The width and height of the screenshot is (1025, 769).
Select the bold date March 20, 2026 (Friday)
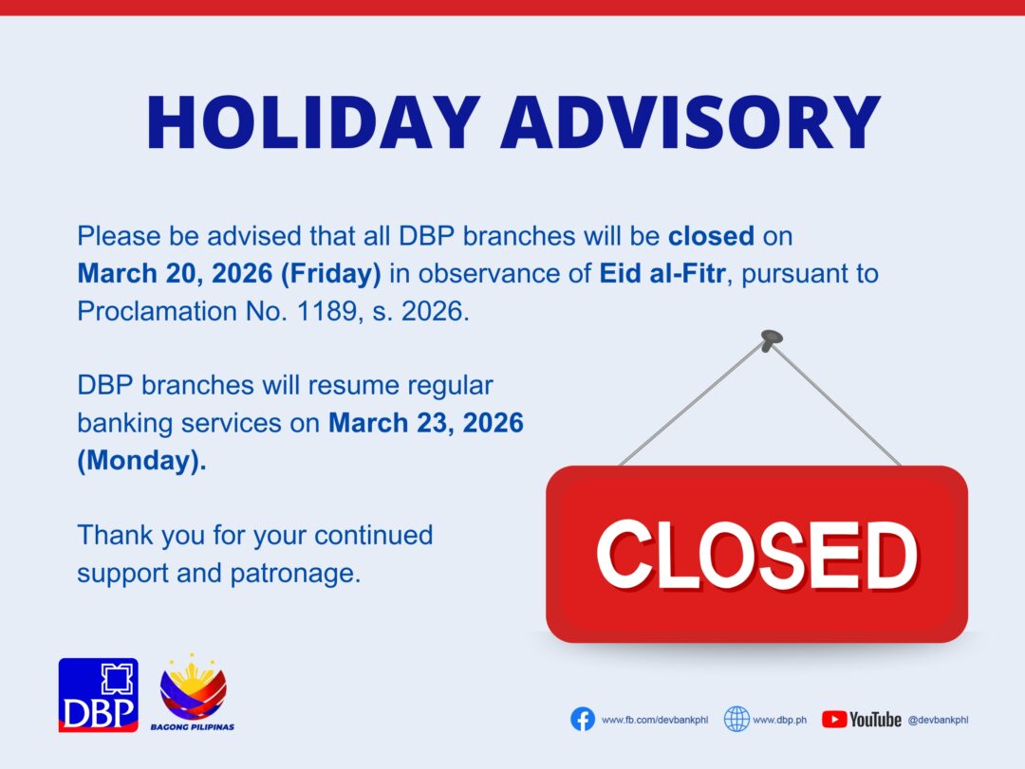point(229,274)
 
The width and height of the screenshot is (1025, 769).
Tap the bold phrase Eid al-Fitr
point(662,273)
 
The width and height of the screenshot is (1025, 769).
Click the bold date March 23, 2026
point(425,423)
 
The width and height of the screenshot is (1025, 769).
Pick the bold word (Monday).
point(141,461)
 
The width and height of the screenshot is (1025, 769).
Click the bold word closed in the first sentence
point(711,236)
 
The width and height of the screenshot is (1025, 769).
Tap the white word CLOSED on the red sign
point(757,555)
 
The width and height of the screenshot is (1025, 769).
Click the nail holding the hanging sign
point(772,339)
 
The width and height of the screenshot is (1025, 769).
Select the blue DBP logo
point(99,694)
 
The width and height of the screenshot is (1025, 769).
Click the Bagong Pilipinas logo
point(193,692)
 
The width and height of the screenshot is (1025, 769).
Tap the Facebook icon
point(583,720)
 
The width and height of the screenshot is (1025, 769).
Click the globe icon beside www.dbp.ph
point(736,720)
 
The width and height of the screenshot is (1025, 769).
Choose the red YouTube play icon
point(834,720)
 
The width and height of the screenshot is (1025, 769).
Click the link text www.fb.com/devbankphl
point(655,720)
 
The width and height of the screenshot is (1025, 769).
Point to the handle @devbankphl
point(938,720)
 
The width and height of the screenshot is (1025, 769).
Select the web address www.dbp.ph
point(780,720)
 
